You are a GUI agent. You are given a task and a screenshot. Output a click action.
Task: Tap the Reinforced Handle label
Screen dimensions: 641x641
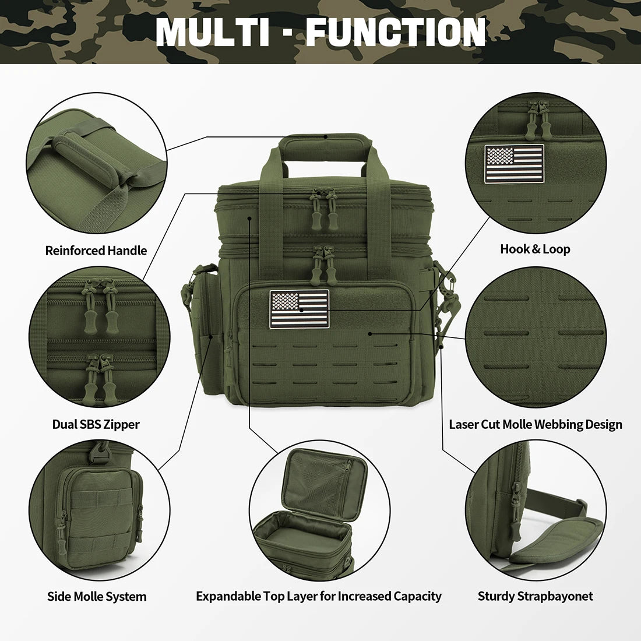96,251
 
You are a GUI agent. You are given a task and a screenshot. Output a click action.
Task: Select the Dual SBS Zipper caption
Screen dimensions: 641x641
96,424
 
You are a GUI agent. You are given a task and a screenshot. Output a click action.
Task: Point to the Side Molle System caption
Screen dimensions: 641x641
97,596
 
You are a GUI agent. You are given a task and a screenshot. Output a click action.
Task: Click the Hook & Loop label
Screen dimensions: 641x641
535,249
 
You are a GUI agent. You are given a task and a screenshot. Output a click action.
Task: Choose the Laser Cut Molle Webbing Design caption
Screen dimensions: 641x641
536,424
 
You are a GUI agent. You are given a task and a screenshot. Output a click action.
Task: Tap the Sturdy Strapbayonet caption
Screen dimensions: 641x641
535,596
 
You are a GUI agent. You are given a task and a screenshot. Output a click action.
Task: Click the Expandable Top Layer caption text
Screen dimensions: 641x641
319,596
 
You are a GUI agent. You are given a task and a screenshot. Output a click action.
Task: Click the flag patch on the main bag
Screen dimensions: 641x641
299,309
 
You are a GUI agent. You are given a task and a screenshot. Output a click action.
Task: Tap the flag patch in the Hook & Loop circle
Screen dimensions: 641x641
514,164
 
